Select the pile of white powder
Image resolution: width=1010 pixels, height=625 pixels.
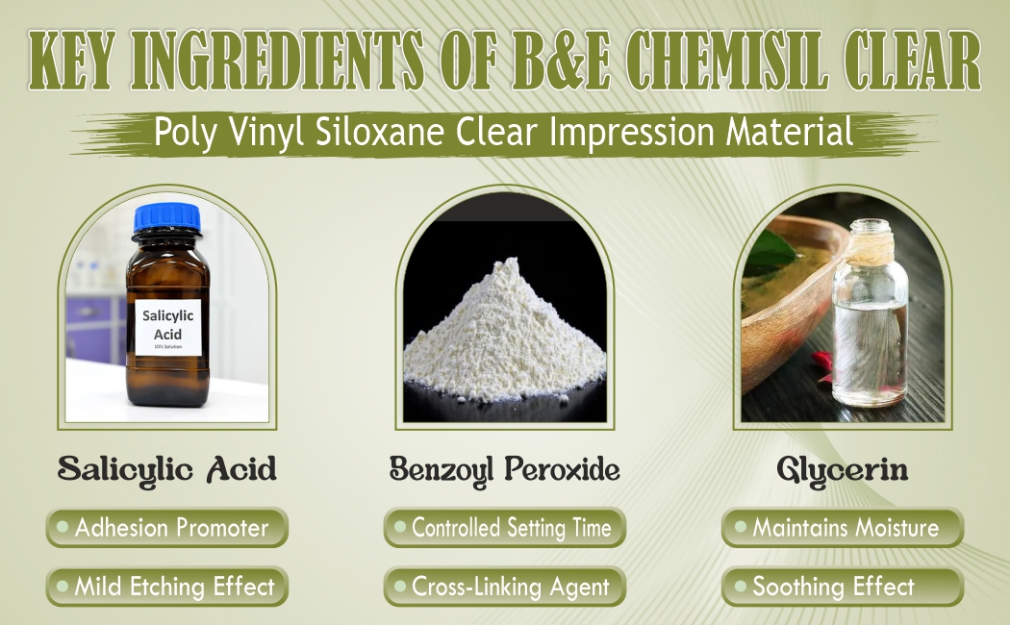click(x=505, y=332)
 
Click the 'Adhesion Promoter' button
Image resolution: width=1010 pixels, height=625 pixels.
click(x=167, y=528)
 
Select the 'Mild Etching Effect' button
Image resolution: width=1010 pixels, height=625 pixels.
click(x=167, y=587)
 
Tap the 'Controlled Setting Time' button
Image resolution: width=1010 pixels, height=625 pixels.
click(x=505, y=528)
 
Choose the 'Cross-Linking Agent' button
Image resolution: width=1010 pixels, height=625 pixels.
click(x=505, y=587)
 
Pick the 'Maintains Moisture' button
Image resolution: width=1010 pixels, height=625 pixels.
click(x=843, y=528)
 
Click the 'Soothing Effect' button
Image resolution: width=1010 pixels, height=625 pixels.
click(x=843, y=587)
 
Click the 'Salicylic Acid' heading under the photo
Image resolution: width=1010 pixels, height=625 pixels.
click(x=167, y=469)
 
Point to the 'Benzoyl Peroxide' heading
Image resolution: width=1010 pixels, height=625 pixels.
click(x=505, y=470)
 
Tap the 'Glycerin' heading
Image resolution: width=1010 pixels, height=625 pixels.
click(x=843, y=470)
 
